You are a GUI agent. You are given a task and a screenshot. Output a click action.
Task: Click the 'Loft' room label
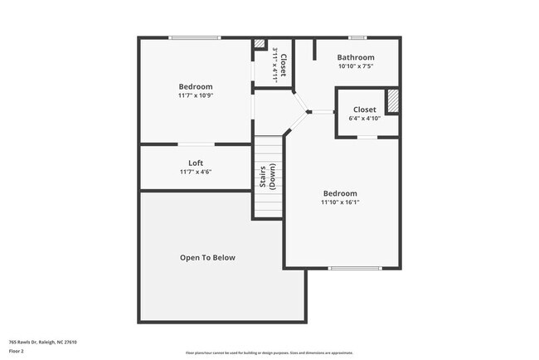196,163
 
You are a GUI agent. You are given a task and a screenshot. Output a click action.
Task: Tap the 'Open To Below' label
207,257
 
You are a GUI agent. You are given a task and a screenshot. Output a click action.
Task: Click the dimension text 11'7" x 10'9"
196,95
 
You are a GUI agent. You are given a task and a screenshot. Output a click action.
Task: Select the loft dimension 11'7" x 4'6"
196,172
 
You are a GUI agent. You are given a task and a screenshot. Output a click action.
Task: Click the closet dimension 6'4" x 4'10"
364,119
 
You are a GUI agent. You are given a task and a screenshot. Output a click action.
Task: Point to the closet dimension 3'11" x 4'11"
275,63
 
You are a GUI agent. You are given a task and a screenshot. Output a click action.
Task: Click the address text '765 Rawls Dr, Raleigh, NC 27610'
43,341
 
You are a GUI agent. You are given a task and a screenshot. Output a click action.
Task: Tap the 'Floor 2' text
17,352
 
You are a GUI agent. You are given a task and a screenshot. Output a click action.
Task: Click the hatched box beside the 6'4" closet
393,100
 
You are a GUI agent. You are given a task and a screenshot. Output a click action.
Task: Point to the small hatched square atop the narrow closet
259,44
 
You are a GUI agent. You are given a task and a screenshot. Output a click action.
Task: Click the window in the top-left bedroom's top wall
195,37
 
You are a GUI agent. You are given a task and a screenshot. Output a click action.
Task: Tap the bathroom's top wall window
357,37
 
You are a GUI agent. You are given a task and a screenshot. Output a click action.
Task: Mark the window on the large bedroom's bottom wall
355,268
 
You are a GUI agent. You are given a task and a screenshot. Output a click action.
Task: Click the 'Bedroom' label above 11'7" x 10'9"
196,86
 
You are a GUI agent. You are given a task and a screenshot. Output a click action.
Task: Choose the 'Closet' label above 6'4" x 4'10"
364,109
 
